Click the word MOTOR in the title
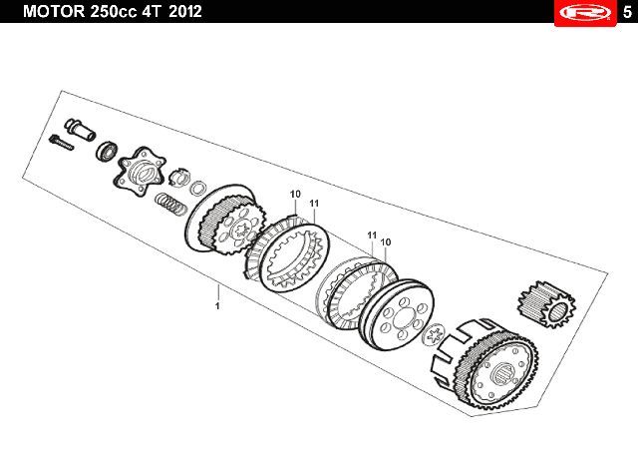click(x=53, y=11)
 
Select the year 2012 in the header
click(x=185, y=11)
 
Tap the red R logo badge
click(x=585, y=13)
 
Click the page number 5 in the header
click(x=627, y=12)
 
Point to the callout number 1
click(x=217, y=305)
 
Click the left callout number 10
click(x=295, y=195)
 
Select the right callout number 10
click(x=386, y=242)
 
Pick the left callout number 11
click(x=314, y=204)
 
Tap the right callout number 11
click(x=372, y=235)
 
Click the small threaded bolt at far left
click(x=62, y=143)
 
